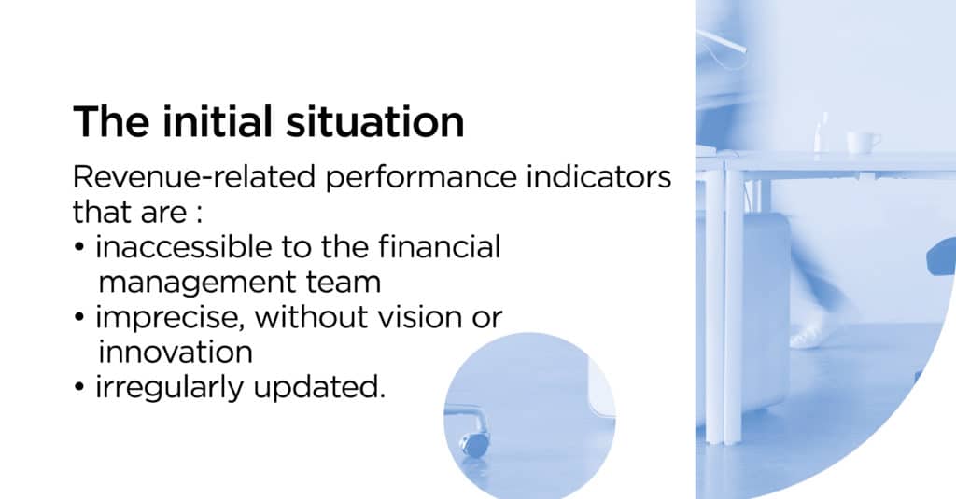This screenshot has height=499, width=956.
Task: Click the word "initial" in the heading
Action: (x=217, y=121)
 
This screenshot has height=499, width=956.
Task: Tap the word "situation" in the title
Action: (x=375, y=122)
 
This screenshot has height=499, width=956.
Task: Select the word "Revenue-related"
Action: (x=194, y=177)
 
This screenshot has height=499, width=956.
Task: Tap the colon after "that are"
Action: (x=198, y=215)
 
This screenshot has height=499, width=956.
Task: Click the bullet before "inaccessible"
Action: (x=78, y=248)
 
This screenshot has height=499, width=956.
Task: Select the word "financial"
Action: (x=439, y=247)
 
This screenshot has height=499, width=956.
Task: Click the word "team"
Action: (x=344, y=283)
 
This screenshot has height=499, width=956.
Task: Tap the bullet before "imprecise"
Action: (x=78, y=317)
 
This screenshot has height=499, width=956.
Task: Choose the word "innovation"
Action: (x=175, y=353)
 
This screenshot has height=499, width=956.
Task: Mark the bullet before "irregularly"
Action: (x=78, y=387)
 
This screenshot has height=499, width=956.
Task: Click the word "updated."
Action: (x=319, y=387)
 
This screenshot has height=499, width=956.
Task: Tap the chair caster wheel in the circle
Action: (x=475, y=445)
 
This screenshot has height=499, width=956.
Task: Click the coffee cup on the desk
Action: (x=863, y=144)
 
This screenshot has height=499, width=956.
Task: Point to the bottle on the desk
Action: (x=822, y=132)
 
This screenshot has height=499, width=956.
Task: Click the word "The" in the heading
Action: (x=111, y=121)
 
